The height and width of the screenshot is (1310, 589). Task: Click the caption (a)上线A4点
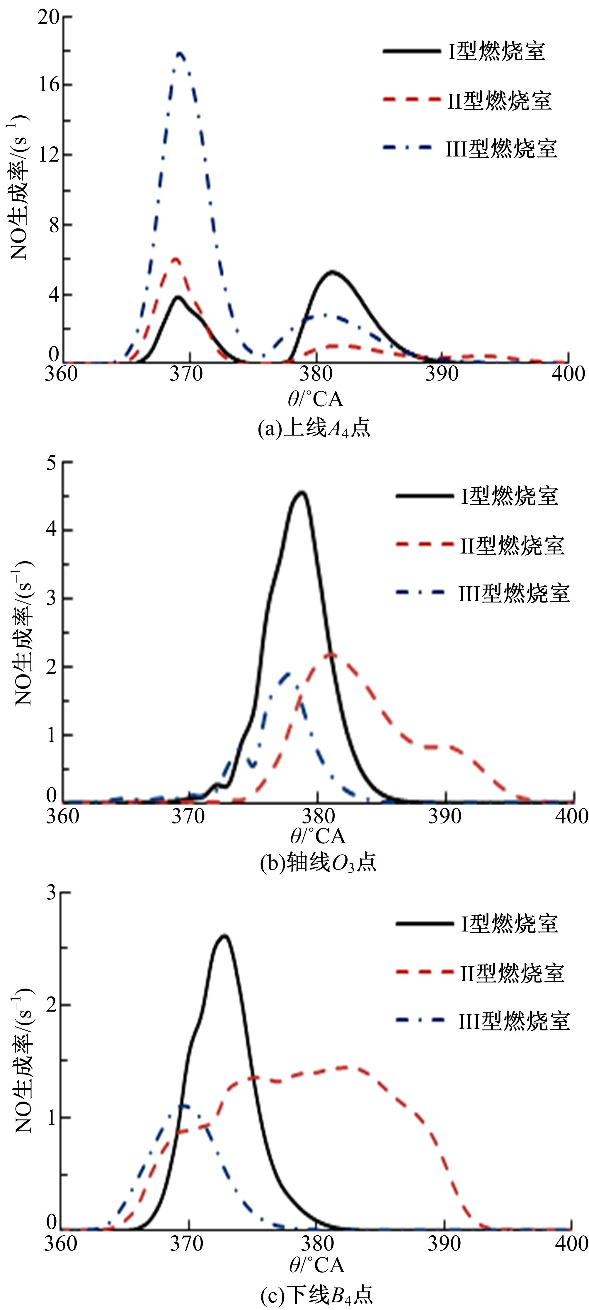click(x=314, y=428)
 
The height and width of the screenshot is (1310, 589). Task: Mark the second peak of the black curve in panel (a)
click(x=331, y=272)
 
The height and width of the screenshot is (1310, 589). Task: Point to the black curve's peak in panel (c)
click(x=224, y=936)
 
